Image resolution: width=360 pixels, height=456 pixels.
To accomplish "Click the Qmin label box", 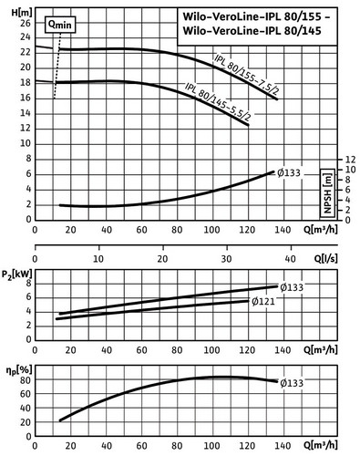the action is [60, 25].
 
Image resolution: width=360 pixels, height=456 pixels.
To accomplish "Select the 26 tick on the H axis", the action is [26, 24].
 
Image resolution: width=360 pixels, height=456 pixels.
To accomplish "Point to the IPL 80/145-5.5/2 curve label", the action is [219, 101].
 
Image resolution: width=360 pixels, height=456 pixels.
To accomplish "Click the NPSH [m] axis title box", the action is [327, 193].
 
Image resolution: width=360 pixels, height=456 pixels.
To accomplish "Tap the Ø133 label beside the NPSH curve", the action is [289, 173].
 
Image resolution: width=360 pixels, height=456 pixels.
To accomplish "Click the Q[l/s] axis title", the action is [325, 259].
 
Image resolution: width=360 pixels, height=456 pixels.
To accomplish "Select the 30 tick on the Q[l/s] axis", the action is [226, 259].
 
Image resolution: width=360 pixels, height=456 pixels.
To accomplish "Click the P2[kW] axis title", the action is [16, 275].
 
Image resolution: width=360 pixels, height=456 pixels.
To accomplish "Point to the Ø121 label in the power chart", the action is [263, 301].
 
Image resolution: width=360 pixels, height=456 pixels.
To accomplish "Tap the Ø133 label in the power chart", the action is [292, 287].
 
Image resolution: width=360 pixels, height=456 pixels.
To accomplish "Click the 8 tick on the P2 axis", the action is [29, 284].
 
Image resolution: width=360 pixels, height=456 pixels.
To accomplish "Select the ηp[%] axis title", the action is [18, 370].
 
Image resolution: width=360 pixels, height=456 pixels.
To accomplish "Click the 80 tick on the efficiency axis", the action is [26, 380].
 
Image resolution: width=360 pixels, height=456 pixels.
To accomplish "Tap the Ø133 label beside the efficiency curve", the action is [292, 383].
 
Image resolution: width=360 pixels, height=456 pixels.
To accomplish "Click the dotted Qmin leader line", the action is [57, 66].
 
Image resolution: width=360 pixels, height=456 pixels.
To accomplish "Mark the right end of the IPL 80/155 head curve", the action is [277, 99].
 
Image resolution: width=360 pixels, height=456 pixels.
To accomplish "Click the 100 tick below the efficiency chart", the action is [211, 446].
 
